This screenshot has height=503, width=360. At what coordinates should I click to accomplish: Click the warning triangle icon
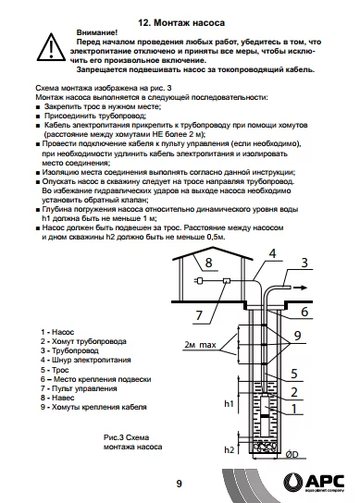tap(51, 47)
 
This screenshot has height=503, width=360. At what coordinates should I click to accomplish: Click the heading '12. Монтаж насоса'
tap(181, 23)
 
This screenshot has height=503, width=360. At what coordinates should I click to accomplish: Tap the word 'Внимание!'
tap(97, 32)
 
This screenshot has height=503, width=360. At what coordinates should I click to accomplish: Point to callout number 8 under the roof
tap(208, 263)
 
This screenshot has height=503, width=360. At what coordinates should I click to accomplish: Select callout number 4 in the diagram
tap(272, 253)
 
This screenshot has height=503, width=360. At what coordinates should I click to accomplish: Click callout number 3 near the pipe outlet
tap(304, 263)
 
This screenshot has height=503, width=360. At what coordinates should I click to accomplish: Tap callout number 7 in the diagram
tap(199, 315)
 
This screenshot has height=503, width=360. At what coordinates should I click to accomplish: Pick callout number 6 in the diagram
tap(304, 312)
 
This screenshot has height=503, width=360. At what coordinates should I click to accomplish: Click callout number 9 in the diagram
tap(297, 336)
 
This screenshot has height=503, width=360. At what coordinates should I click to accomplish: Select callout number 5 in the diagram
tap(294, 374)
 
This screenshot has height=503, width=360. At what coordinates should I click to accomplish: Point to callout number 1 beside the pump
tap(294, 409)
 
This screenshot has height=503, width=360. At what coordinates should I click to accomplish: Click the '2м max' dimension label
tap(200, 345)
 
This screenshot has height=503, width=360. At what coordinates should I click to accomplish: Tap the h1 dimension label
tap(229, 403)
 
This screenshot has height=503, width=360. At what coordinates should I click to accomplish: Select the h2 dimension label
tap(229, 450)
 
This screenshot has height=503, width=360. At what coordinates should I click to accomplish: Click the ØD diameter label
tap(292, 454)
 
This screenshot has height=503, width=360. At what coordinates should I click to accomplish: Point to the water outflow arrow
tap(300, 288)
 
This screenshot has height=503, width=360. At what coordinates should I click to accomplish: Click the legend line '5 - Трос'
tap(55, 370)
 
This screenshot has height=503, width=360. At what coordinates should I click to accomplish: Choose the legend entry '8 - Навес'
tap(57, 398)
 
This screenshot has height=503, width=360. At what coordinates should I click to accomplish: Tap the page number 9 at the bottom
tap(180, 484)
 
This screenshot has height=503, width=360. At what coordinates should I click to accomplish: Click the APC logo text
tap(324, 481)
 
